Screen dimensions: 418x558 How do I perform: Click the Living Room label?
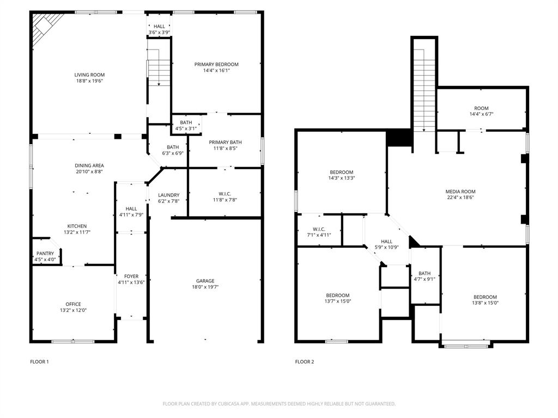pos(89,75)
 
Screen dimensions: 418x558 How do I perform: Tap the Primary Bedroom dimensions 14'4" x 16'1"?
pos(216,70)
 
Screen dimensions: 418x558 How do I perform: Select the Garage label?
pos(205,281)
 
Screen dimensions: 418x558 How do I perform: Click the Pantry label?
pos(45,254)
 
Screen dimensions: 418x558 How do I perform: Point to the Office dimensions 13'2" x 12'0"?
pos(73,310)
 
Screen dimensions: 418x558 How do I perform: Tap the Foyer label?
pos(131,276)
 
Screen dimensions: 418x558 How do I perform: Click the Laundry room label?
pos(168,195)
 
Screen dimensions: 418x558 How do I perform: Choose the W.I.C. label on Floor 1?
pos(225,193)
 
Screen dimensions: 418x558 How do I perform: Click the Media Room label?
pos(460,192)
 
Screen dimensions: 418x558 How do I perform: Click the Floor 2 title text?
pos(305,361)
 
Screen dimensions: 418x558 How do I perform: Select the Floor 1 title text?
pos(39,361)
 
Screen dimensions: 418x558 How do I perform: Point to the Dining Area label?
pos(89,165)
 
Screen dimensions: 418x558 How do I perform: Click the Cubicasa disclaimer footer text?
pos(279,404)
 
